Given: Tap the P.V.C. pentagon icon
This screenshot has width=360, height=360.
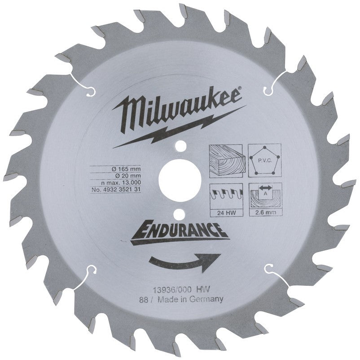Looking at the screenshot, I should pyautogui.click(x=264, y=160).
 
